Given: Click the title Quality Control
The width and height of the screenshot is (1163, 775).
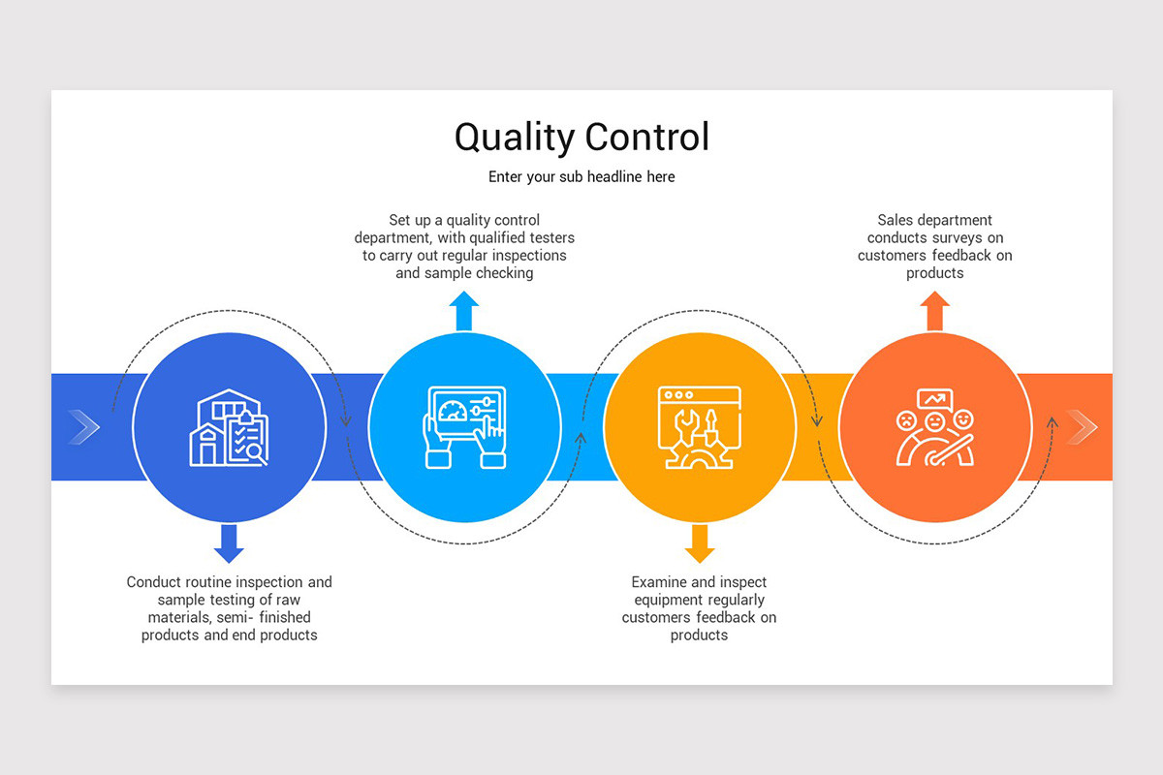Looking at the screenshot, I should (x=581, y=137).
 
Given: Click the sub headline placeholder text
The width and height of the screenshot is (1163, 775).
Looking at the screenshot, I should (x=581, y=177).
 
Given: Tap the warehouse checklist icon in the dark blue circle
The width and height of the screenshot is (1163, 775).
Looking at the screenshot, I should (x=229, y=427).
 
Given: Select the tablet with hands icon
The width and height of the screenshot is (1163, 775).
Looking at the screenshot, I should (x=464, y=427).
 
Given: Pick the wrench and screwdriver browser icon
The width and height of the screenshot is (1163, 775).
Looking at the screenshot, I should (x=699, y=427).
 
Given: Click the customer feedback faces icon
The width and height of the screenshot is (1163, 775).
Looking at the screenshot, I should (x=934, y=427).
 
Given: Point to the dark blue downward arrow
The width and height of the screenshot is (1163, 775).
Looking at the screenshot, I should (x=229, y=543).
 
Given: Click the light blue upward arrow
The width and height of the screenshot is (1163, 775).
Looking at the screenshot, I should (x=464, y=311).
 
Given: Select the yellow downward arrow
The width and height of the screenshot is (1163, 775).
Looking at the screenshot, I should (x=699, y=543).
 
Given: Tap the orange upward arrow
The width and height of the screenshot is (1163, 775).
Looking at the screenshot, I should (x=934, y=311).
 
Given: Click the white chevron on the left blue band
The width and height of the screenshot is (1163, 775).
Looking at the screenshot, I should (x=84, y=427).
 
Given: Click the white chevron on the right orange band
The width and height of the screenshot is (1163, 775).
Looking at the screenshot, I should (x=1081, y=427).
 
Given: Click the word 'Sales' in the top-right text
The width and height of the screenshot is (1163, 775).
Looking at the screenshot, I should (x=896, y=221).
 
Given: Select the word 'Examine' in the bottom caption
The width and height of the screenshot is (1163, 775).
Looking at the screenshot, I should (x=659, y=582).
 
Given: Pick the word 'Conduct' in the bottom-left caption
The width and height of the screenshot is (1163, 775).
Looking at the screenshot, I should (x=154, y=582).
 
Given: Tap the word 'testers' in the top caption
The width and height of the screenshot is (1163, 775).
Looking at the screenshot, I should (x=550, y=238).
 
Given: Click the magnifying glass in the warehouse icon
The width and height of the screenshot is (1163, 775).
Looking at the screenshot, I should (x=257, y=452).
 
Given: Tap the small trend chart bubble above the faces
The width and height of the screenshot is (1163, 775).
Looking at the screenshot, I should (x=934, y=398).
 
